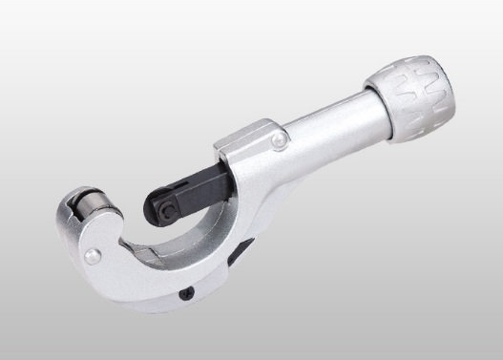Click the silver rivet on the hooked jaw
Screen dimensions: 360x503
click(91, 256)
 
